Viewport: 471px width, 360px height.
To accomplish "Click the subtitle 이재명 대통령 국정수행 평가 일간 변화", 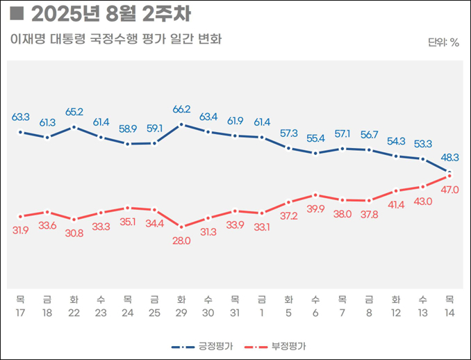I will (x=116, y=39).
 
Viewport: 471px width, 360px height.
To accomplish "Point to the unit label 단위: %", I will (x=443, y=42).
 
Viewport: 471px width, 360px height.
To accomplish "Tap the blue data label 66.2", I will (x=181, y=110).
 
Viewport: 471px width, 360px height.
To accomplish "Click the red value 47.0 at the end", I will (x=450, y=189).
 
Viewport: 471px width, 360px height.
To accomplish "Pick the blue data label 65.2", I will (x=74, y=111).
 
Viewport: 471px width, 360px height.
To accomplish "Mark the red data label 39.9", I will (x=315, y=209).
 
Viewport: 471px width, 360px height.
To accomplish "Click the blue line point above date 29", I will (x=181, y=124).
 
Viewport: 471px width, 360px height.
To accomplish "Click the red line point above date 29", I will (x=181, y=227).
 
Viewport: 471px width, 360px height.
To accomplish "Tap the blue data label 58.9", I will (x=128, y=129).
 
